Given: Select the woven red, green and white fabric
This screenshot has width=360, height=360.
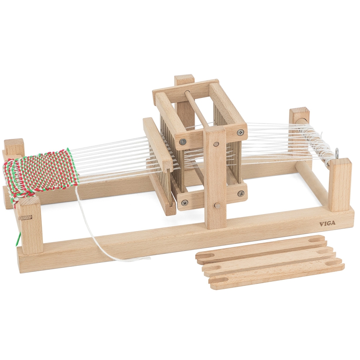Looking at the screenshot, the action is (x=41, y=175).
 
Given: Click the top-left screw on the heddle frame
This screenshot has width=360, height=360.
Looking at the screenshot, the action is (x=183, y=142).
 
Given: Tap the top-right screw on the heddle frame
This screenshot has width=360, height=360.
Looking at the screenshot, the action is (x=240, y=132).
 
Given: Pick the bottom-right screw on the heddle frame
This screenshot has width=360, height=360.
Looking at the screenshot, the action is (x=240, y=194).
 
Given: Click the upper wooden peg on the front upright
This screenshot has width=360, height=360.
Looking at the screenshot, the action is (x=216, y=144).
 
